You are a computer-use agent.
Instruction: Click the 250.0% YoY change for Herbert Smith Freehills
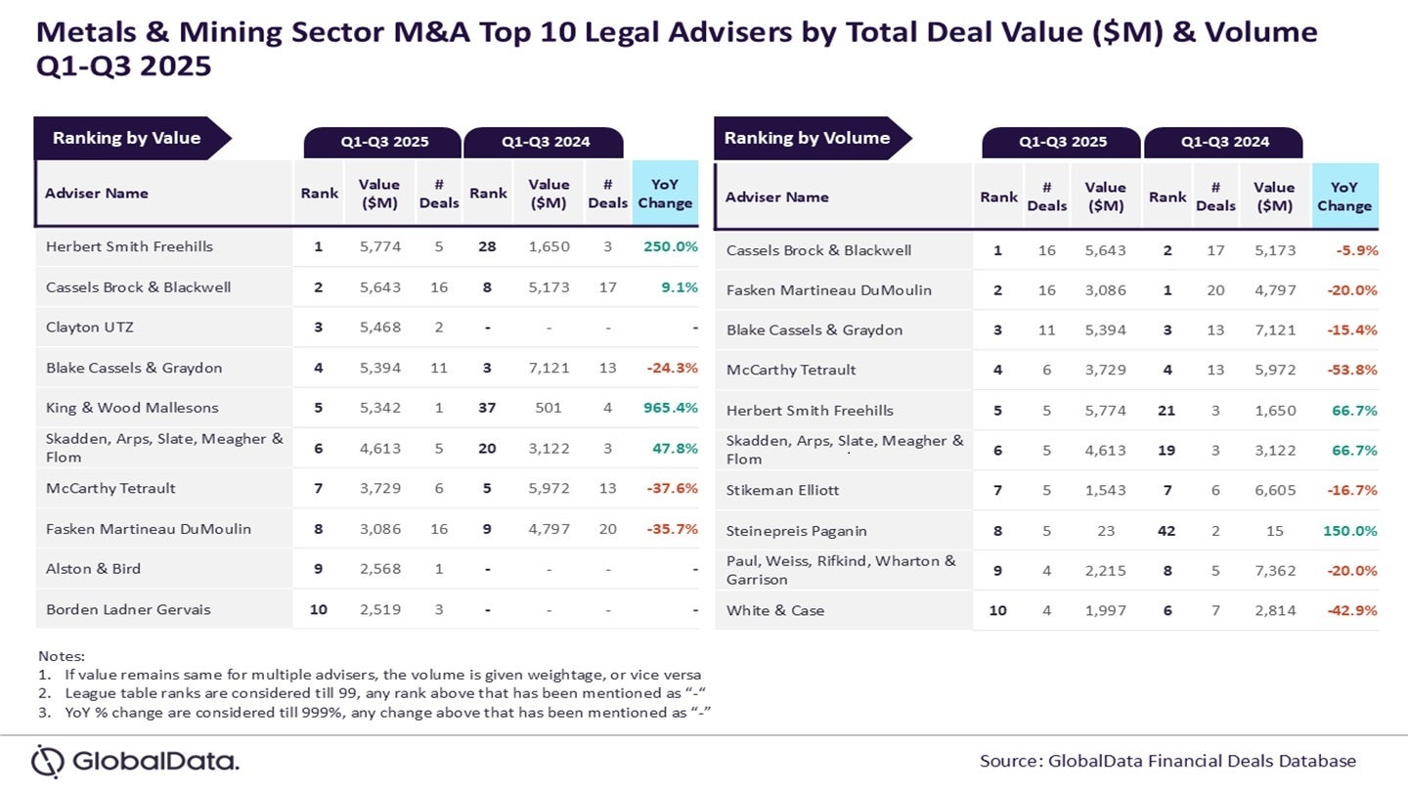click(x=670, y=246)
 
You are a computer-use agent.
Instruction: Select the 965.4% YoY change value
click(x=670, y=408)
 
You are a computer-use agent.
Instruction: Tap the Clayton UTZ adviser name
click(x=90, y=328)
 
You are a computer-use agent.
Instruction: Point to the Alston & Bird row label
click(x=94, y=569)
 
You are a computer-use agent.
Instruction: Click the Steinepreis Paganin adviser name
click(x=797, y=531)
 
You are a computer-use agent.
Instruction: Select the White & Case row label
click(x=775, y=610)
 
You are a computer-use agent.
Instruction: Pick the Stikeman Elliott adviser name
click(x=782, y=490)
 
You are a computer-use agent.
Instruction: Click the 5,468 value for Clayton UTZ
click(x=378, y=328)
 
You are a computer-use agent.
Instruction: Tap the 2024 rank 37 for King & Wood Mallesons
click(x=487, y=408)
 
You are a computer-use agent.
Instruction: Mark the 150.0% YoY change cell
click(x=1349, y=531)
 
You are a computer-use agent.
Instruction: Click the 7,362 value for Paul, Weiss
click(x=1275, y=571)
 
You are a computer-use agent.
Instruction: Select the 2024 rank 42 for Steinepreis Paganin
click(x=1166, y=531)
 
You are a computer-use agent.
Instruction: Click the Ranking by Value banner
click(x=127, y=138)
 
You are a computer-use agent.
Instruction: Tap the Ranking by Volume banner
click(x=808, y=138)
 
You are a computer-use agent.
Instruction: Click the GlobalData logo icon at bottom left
click(x=47, y=761)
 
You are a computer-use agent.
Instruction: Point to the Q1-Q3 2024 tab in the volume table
click(x=1224, y=142)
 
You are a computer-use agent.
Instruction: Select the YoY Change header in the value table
click(x=665, y=194)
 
